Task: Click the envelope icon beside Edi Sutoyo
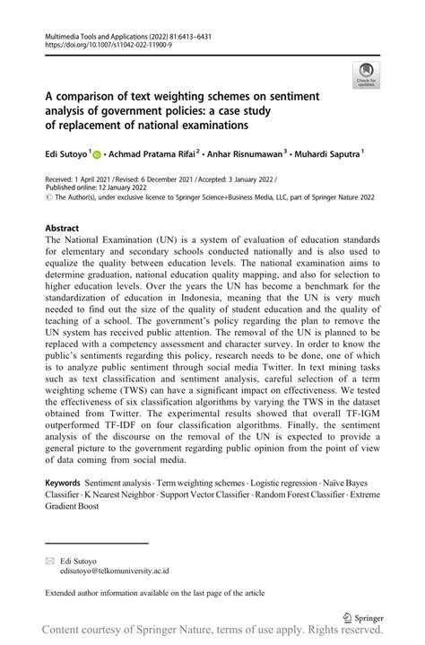pos(50,559)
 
